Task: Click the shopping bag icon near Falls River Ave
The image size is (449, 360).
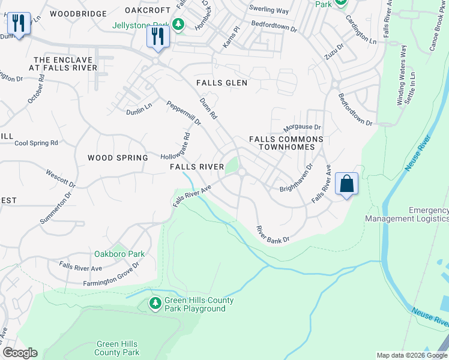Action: click(x=347, y=183)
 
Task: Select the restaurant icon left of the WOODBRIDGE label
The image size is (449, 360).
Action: click(x=19, y=24)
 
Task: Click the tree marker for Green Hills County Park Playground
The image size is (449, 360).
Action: click(x=155, y=304)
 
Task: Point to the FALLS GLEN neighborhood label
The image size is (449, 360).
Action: click(x=222, y=83)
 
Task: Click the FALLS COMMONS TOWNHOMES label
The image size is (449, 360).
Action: click(x=286, y=143)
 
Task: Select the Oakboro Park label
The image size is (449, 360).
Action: click(x=116, y=254)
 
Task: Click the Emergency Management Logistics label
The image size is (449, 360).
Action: click(x=428, y=215)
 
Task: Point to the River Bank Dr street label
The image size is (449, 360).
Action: click(x=273, y=235)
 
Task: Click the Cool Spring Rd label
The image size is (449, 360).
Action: click(x=36, y=143)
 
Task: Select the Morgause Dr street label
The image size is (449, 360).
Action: click(x=303, y=127)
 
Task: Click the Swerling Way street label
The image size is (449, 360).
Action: click(x=270, y=10)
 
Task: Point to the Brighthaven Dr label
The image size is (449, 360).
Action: click(x=297, y=179)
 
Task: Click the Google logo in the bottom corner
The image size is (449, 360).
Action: click(x=20, y=353)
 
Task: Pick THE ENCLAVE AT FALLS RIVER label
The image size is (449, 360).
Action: click(x=65, y=64)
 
